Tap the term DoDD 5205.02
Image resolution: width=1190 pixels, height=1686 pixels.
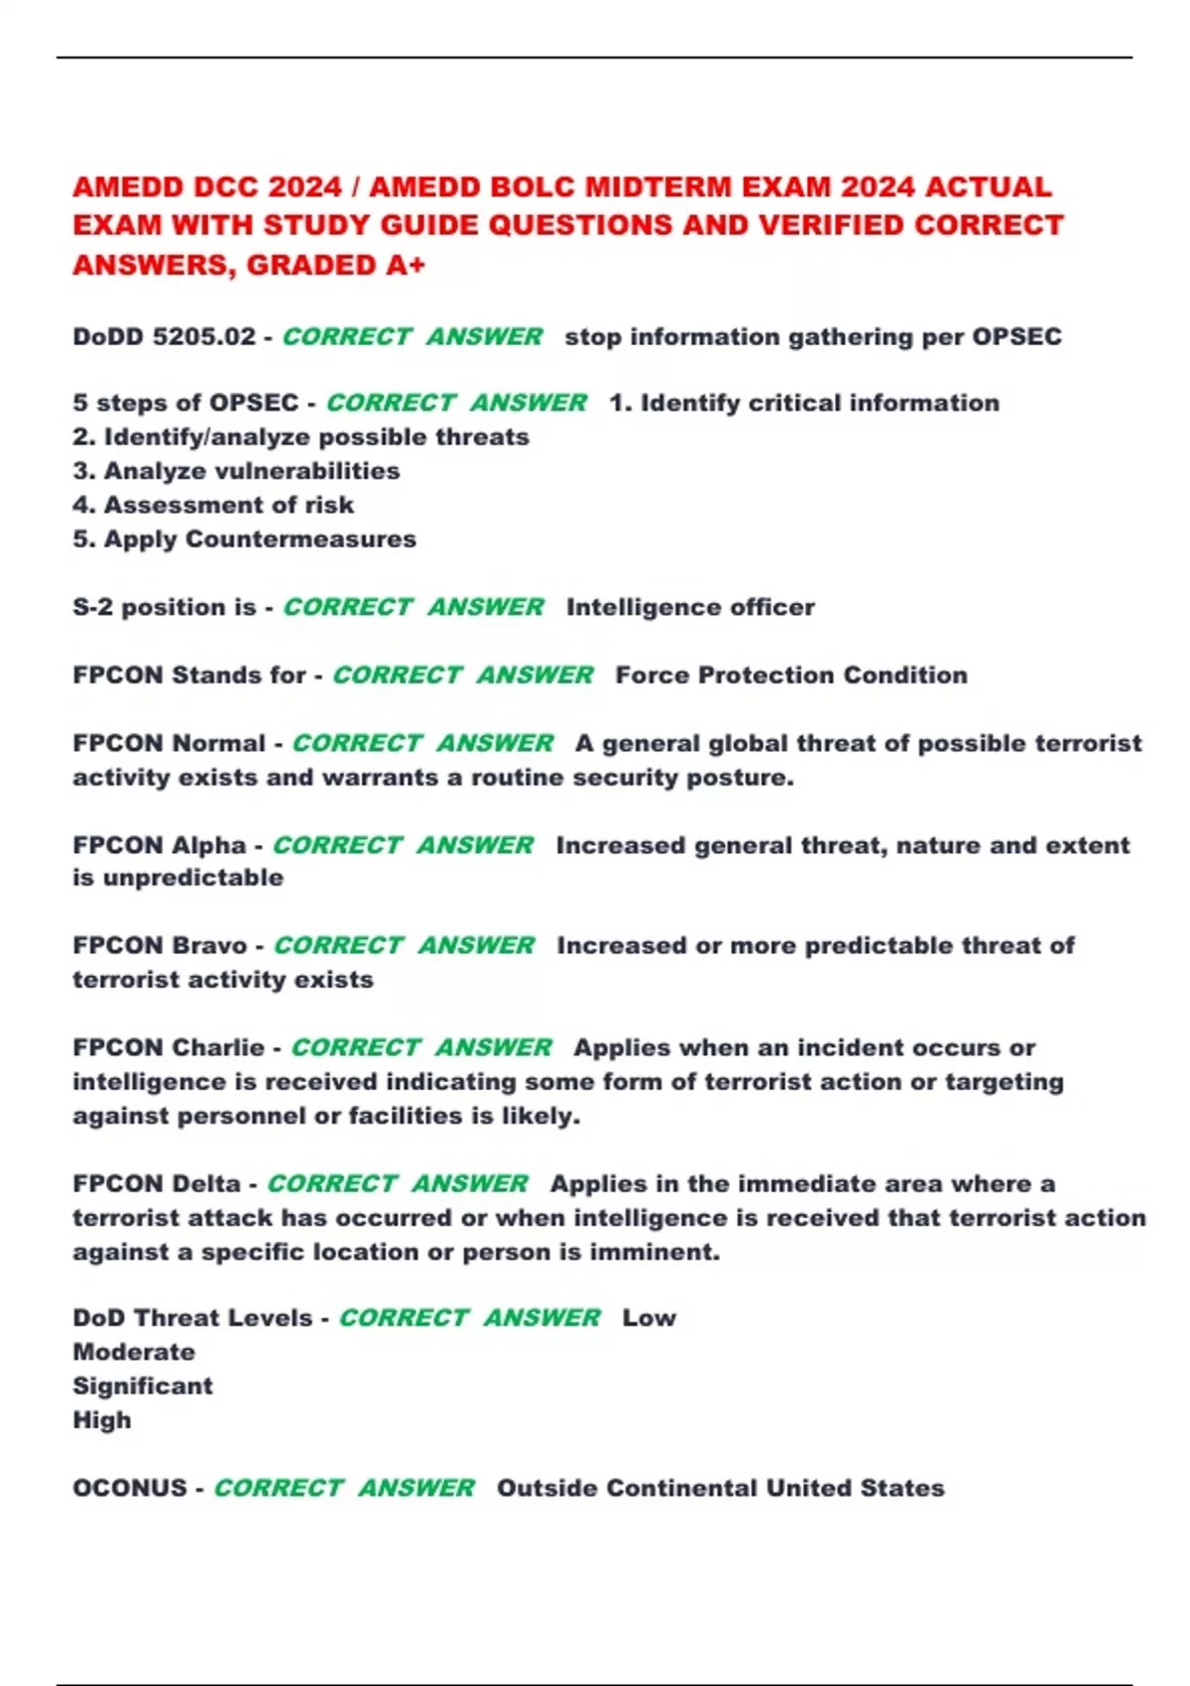[164, 337]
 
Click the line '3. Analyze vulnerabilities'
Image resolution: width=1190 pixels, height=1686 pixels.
[236, 471]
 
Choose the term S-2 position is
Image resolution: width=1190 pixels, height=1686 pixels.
[164, 607]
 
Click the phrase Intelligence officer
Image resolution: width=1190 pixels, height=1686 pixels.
[690, 607]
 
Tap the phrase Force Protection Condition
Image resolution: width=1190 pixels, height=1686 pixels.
[790, 675]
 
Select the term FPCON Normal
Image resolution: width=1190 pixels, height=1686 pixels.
[169, 744]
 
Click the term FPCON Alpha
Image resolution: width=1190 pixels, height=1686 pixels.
[159, 846]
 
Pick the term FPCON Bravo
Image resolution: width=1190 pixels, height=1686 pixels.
[160, 946]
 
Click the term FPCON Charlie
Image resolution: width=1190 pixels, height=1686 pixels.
[168, 1048]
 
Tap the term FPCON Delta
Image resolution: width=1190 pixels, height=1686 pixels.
[156, 1184]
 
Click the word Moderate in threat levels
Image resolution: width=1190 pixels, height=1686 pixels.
[134, 1353]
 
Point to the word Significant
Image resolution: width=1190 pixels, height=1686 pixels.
[143, 1386]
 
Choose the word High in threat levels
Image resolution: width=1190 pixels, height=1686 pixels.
[102, 1421]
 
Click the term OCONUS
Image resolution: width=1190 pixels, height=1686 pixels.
[130, 1489]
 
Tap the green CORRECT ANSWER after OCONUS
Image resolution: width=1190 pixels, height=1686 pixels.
[343, 1489]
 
